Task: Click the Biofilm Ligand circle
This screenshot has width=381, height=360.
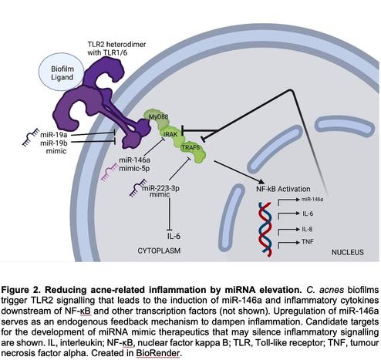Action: [62, 72]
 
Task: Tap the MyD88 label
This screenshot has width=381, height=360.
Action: [159, 116]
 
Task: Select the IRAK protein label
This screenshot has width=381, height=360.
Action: [170, 134]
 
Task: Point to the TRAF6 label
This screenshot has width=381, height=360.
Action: [190, 147]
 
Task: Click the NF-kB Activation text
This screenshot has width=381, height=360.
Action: [283, 189]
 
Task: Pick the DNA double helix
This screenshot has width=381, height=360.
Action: [265, 230]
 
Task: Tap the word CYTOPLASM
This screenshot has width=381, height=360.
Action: [159, 251]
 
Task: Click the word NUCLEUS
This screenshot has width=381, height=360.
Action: [348, 252]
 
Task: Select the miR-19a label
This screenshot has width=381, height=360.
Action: [54, 134]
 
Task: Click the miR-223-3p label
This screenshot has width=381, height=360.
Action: [160, 188]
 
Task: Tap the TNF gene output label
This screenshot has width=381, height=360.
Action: [308, 241]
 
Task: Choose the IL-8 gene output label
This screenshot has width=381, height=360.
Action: [307, 229]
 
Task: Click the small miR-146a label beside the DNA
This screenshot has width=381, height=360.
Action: [312, 199]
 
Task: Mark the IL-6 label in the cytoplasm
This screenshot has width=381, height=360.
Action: [174, 236]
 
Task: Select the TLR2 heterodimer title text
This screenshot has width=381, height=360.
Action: [116, 49]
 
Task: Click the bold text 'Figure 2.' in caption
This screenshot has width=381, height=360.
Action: [22, 290]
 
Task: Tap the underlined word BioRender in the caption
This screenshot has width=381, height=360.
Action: [157, 353]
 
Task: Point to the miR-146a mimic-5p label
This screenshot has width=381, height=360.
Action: [134, 164]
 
